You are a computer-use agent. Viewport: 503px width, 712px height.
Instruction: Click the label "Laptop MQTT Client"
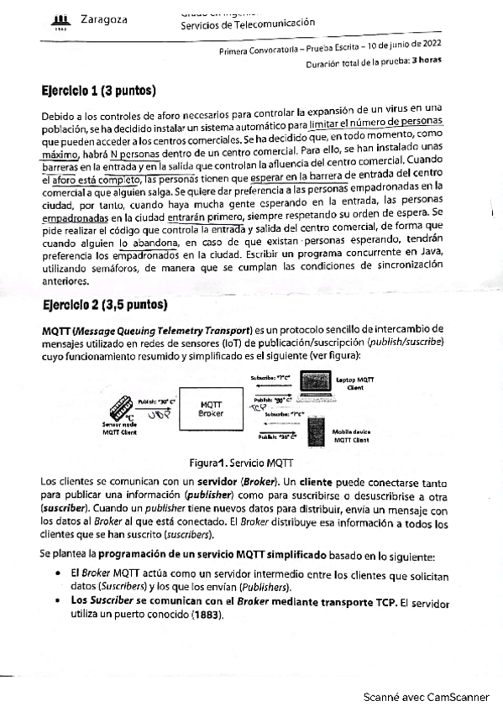354,385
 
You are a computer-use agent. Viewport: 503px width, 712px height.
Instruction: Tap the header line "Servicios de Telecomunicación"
248,23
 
